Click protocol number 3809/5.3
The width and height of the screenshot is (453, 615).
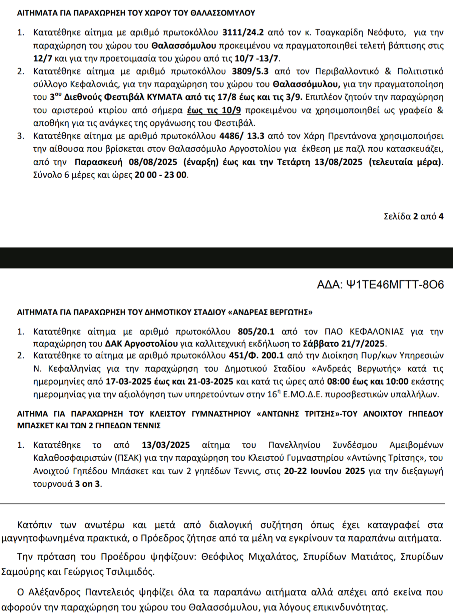pos(250,71)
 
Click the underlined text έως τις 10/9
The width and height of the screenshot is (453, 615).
pos(214,110)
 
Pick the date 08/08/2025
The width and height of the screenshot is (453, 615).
pos(153,162)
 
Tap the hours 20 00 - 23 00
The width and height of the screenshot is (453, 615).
pos(160,175)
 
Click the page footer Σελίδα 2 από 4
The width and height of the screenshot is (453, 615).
pos(413,216)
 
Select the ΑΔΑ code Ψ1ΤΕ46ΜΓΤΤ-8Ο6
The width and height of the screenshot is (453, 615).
pos(381,284)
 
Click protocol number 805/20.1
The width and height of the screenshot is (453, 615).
pos(256,332)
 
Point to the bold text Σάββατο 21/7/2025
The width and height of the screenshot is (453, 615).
pos(344,344)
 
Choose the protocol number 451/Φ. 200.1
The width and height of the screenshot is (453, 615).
pos(256,355)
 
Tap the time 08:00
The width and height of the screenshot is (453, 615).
pos(338,382)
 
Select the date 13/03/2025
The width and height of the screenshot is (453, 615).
pos(166,445)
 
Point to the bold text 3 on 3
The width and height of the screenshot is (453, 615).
pos(88,484)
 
